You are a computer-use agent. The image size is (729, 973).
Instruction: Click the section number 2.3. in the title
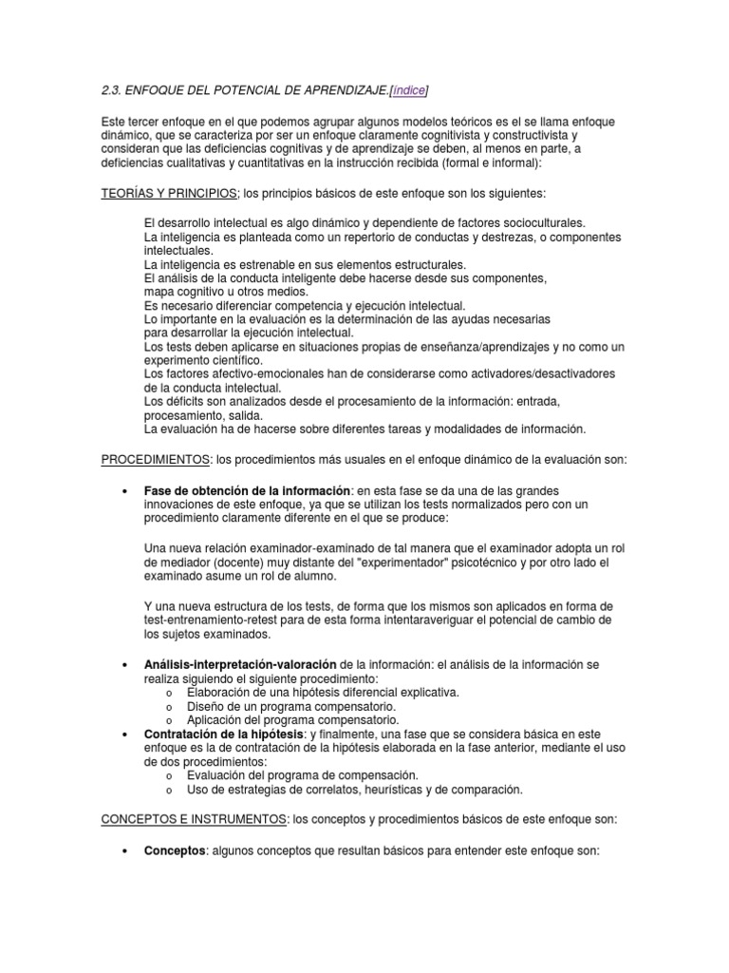[x=115, y=90]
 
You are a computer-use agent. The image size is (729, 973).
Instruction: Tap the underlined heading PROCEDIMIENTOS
[x=156, y=460]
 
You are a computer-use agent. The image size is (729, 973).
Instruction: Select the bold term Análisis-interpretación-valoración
[x=240, y=664]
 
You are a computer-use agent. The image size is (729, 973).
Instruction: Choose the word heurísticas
[x=384, y=790]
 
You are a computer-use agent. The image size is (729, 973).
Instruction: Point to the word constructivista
[x=519, y=136]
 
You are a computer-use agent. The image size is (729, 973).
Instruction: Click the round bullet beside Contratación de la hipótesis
[x=127, y=735]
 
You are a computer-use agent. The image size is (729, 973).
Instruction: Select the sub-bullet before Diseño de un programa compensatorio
[x=167, y=707]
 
